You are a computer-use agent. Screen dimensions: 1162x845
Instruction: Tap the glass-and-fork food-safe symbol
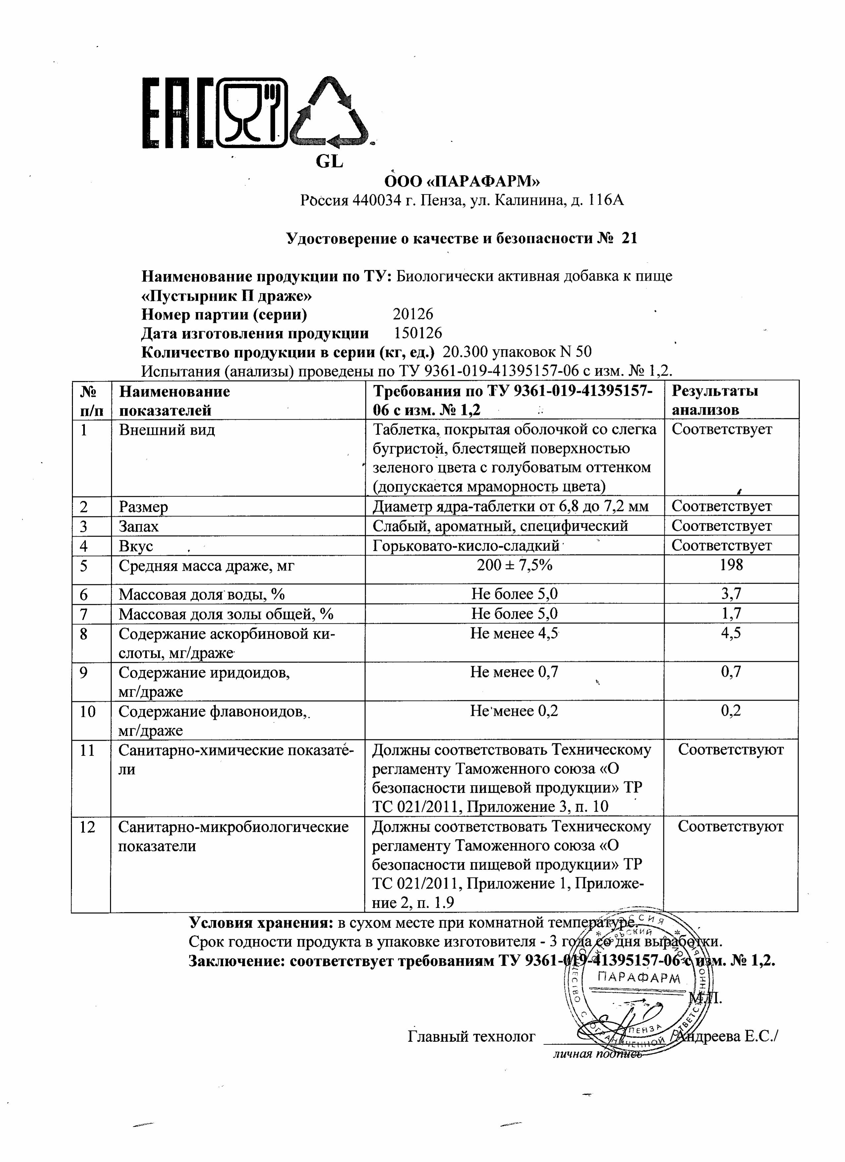tap(252, 114)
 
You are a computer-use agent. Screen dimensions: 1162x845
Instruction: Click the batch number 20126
tap(413, 314)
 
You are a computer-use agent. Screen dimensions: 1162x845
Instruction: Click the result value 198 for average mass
tap(731, 565)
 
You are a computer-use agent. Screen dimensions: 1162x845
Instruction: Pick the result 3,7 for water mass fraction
tap(731, 594)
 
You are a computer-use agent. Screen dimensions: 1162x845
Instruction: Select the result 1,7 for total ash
tap(731, 613)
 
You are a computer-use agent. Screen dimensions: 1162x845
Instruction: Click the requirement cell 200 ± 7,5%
tap(514, 565)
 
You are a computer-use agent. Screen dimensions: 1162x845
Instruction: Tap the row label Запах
tap(139, 526)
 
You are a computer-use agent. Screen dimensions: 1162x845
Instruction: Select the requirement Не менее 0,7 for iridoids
tap(514, 672)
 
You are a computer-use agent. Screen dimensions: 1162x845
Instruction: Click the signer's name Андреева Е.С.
tap(728, 1036)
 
